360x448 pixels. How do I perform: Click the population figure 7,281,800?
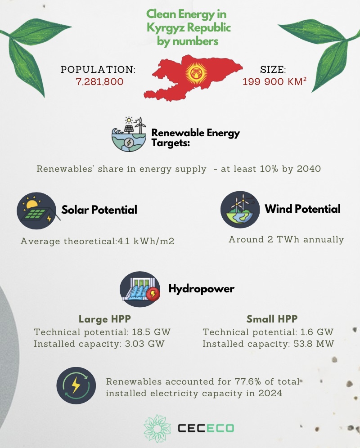pos(99,82)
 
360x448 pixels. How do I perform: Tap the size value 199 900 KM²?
pos(274,82)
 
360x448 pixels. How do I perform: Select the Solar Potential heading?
pos(99,210)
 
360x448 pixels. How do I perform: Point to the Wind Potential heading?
pos(302,209)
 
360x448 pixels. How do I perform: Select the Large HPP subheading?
pos(104,319)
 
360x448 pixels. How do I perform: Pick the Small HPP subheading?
pos(272,319)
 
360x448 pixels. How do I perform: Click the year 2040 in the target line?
pos(309,170)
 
